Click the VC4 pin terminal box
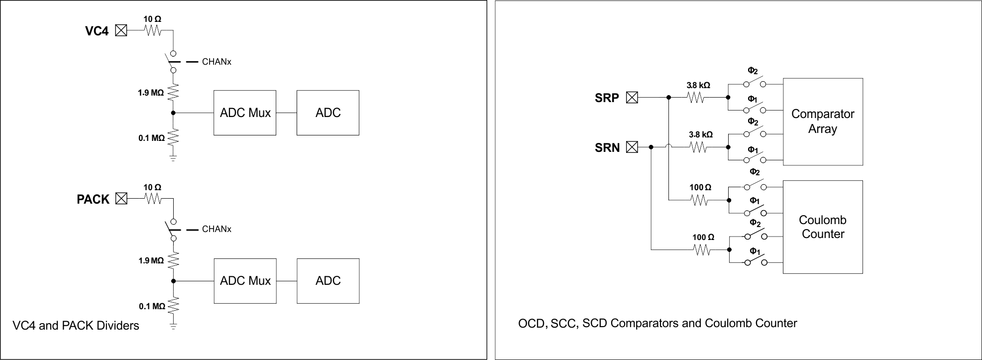tap(121, 30)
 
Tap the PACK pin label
tap(93, 199)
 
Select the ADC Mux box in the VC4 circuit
tap(245, 113)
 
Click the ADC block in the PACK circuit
tap(328, 281)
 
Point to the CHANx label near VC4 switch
tap(217, 62)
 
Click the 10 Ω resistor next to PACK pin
tap(153, 199)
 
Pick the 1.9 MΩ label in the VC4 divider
tap(151, 93)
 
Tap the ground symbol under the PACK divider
tap(173, 326)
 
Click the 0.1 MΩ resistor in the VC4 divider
tap(173, 137)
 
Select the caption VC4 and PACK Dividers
tap(76, 326)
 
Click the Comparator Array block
tap(823, 121)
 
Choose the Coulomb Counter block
tap(823, 227)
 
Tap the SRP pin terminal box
tap(632, 98)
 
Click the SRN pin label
tap(607, 147)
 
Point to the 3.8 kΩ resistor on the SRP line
tap(696, 98)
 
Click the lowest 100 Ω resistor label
tap(703, 237)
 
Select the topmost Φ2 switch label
tap(753, 71)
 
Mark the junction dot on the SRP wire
tap(668, 98)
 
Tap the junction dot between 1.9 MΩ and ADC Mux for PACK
tap(173, 281)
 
